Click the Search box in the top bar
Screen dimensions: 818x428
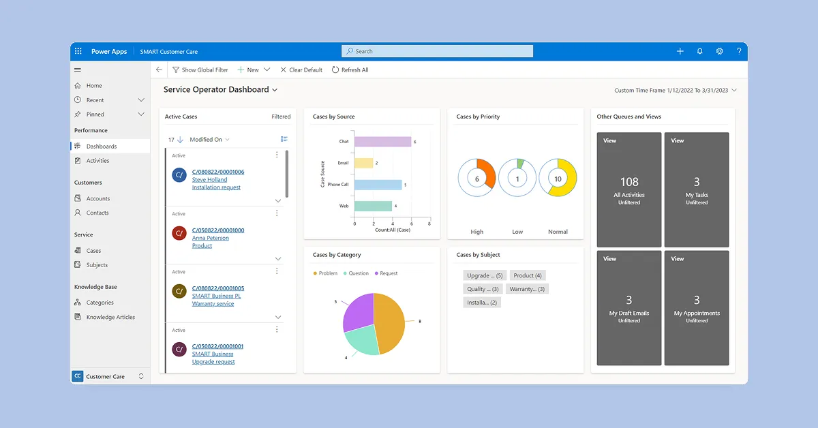tap(437, 51)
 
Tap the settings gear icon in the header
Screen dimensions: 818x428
tap(719, 51)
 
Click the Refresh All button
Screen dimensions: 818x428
tap(350, 70)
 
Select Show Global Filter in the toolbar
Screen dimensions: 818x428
tap(200, 70)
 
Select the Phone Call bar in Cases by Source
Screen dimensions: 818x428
tap(378, 185)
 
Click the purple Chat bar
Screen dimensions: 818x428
tap(382, 141)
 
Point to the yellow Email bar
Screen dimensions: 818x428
tap(364, 163)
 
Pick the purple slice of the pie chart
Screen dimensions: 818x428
tap(358, 312)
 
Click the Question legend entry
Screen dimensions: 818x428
tap(356, 273)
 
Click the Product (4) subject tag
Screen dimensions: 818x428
tap(528, 275)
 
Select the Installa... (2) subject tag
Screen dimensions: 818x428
tap(482, 303)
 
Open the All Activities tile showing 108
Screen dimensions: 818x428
tap(628, 189)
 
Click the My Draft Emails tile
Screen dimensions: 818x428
tap(628, 308)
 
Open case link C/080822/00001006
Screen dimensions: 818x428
tap(218, 172)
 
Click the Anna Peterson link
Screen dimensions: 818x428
tap(211, 238)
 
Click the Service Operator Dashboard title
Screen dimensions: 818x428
tap(216, 89)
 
